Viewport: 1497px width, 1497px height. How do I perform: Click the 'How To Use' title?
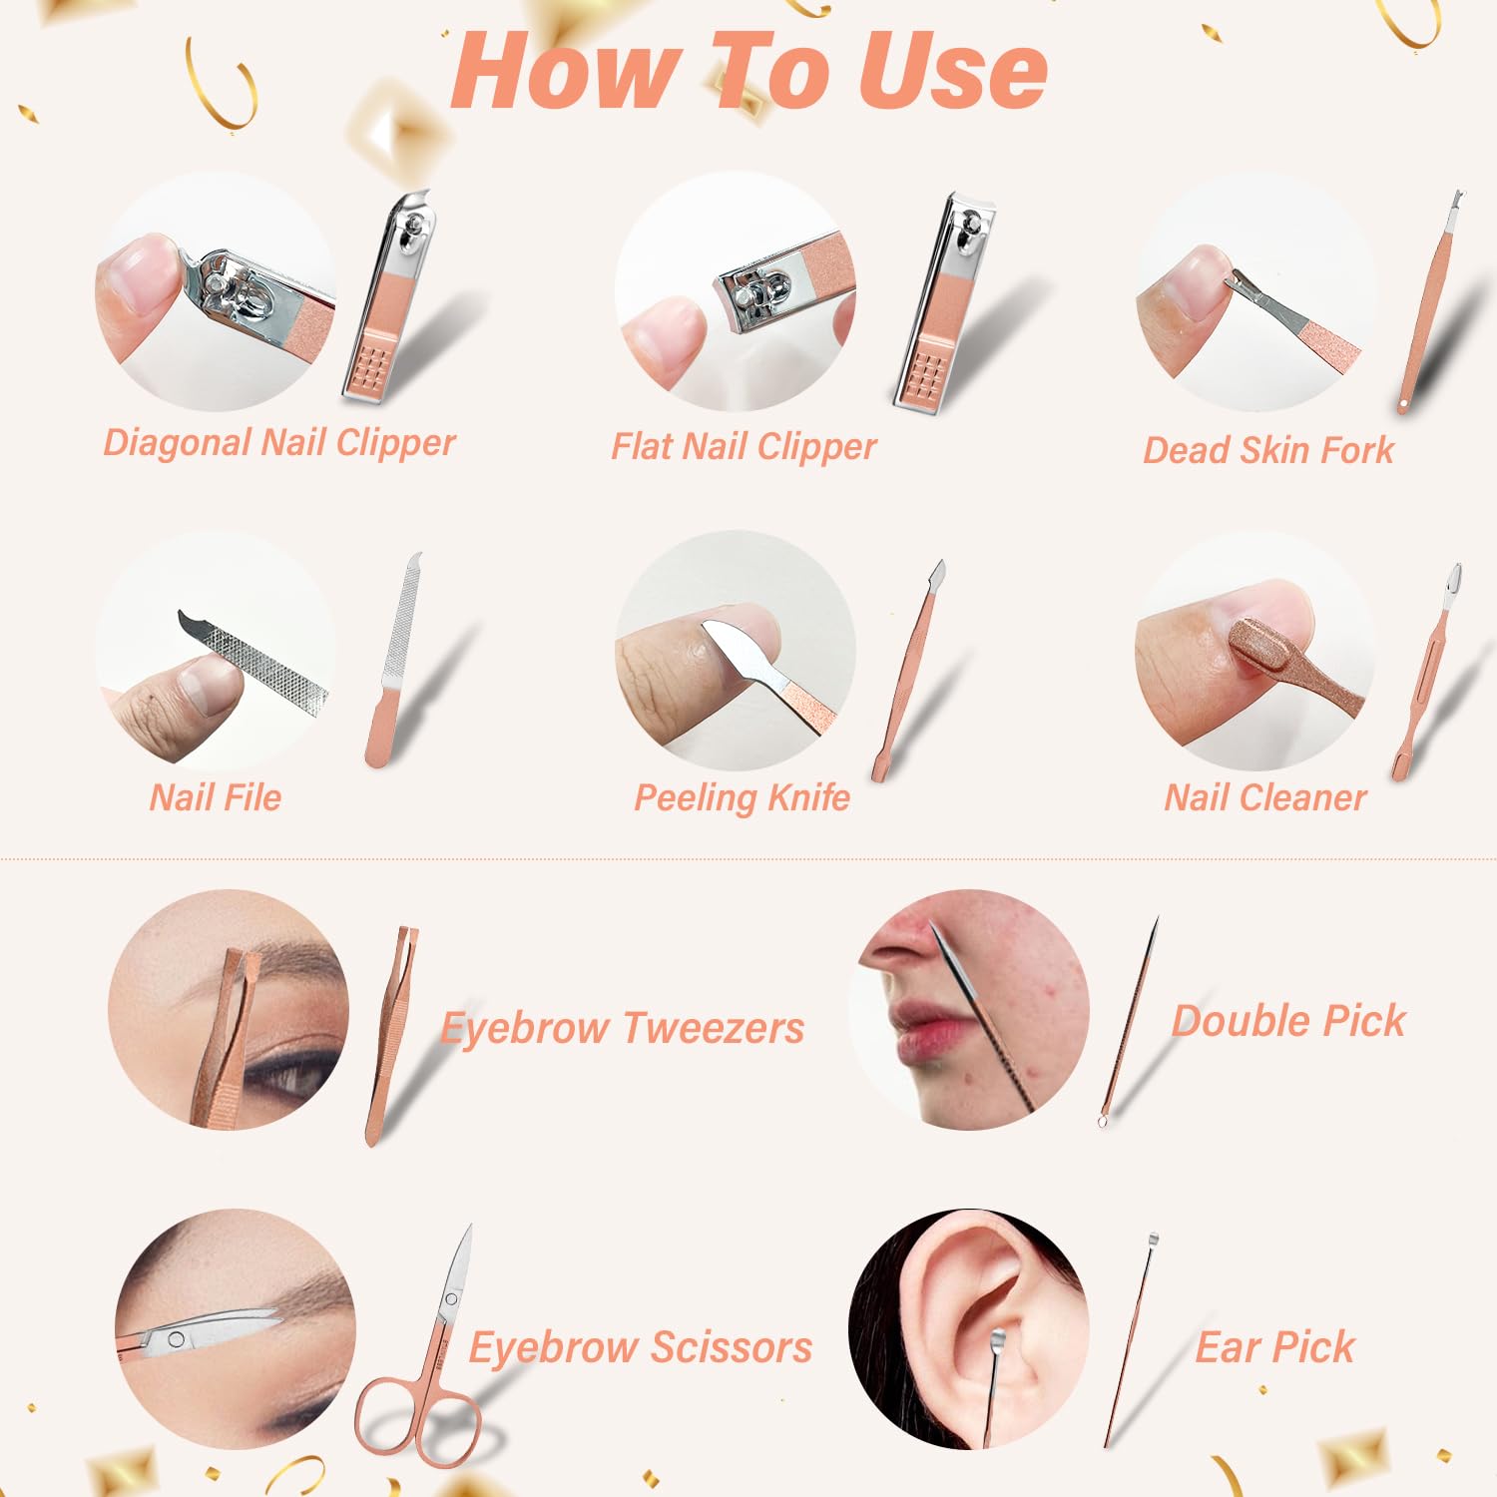point(748,70)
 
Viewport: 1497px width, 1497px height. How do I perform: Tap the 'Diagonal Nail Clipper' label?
point(279,442)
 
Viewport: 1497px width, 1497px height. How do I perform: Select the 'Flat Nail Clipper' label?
point(744,447)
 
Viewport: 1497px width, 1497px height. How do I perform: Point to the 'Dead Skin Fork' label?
point(1267,450)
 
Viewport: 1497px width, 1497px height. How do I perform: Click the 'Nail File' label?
point(216,797)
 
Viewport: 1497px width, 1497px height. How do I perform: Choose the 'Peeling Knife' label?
point(742,798)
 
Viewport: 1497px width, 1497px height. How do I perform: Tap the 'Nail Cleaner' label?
point(1264,797)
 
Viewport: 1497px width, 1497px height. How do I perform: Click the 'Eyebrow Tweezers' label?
point(623,1029)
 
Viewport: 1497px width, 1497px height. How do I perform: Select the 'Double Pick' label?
point(1288,1021)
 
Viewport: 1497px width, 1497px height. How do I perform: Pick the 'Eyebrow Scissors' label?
point(641,1348)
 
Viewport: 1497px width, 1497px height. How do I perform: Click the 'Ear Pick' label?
point(1274,1347)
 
